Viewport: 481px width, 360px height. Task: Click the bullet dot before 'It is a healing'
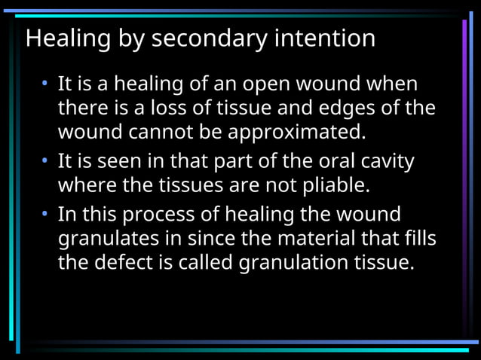46,83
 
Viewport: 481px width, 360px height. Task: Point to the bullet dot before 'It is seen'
46,162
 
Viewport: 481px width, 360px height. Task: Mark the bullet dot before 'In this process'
46,214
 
